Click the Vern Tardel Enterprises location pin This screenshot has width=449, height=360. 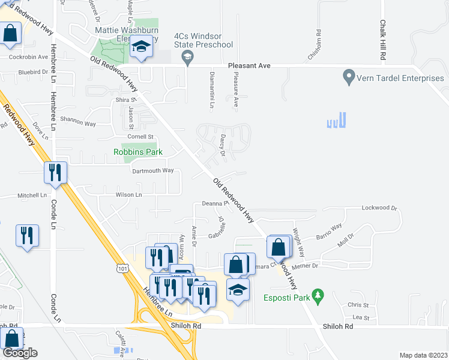348,77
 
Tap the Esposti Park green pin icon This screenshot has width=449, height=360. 319,296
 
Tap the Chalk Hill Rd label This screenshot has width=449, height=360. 382,40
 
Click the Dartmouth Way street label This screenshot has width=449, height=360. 152,170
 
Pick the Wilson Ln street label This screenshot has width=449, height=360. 128,195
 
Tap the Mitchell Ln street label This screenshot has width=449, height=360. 32,196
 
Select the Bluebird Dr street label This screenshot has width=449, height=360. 32,72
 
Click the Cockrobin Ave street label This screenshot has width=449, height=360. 28,57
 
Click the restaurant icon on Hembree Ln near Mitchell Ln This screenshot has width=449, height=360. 55,173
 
